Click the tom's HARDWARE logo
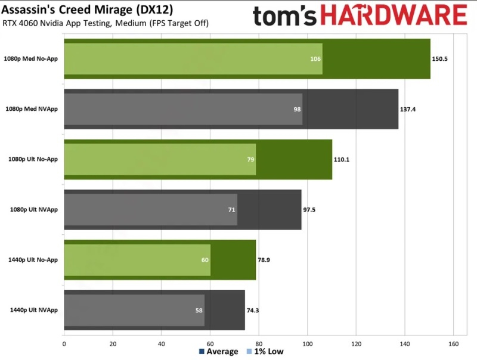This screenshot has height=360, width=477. [x=360, y=16]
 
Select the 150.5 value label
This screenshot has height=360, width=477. [x=440, y=59]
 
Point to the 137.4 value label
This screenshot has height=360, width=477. [x=408, y=110]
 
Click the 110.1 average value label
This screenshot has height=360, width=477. [x=342, y=160]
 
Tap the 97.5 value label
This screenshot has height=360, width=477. [x=310, y=210]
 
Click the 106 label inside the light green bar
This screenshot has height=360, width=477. [x=315, y=59]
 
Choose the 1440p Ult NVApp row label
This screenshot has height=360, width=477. [x=34, y=310]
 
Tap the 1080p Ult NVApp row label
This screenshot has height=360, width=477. [x=34, y=210]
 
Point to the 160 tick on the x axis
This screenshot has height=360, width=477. [x=453, y=343]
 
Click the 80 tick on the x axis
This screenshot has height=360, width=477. [x=259, y=343]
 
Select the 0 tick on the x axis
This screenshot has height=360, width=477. [x=64, y=343]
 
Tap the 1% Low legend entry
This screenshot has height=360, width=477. [x=267, y=352]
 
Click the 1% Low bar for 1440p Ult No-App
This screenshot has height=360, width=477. [x=137, y=260]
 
